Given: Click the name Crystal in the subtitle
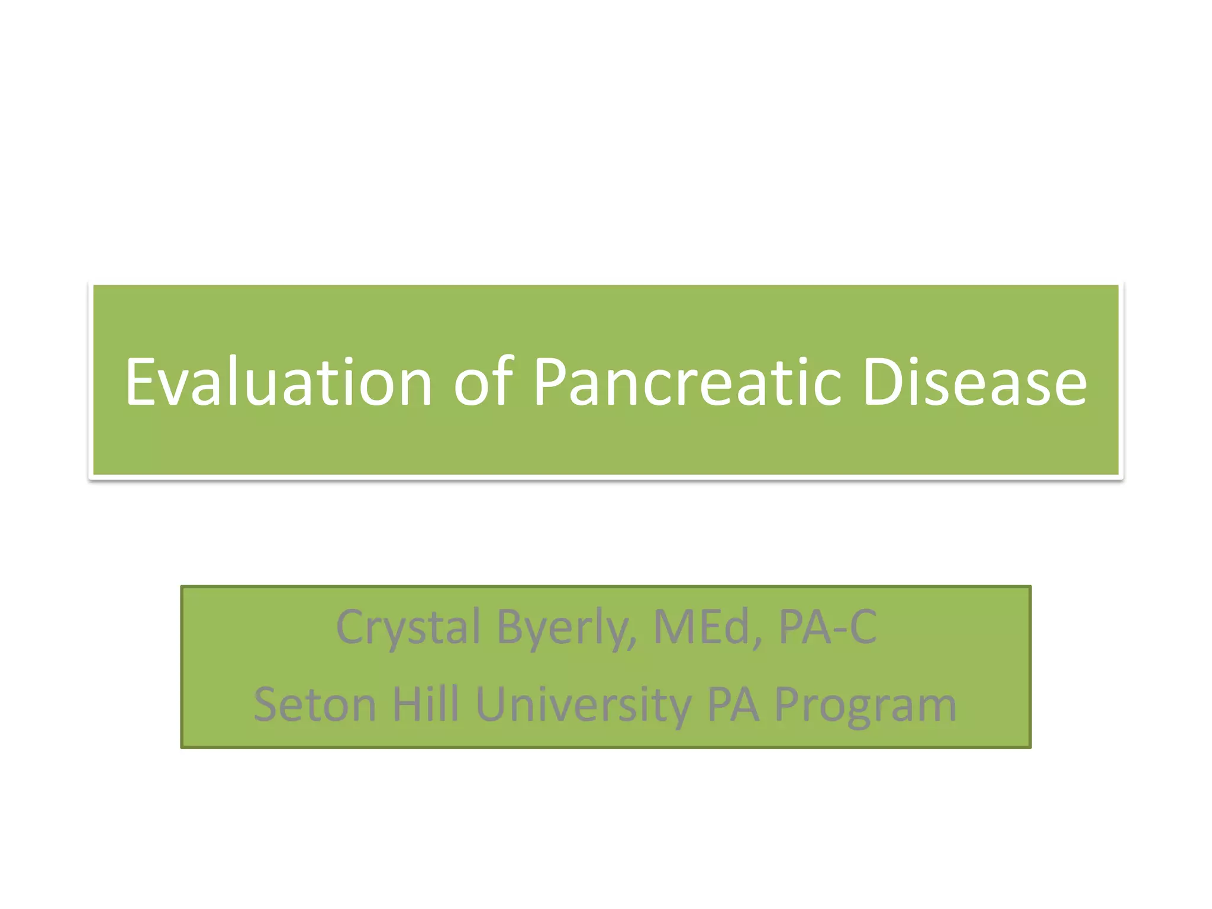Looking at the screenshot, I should (408, 627).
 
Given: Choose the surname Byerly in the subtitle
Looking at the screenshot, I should (565, 627).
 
